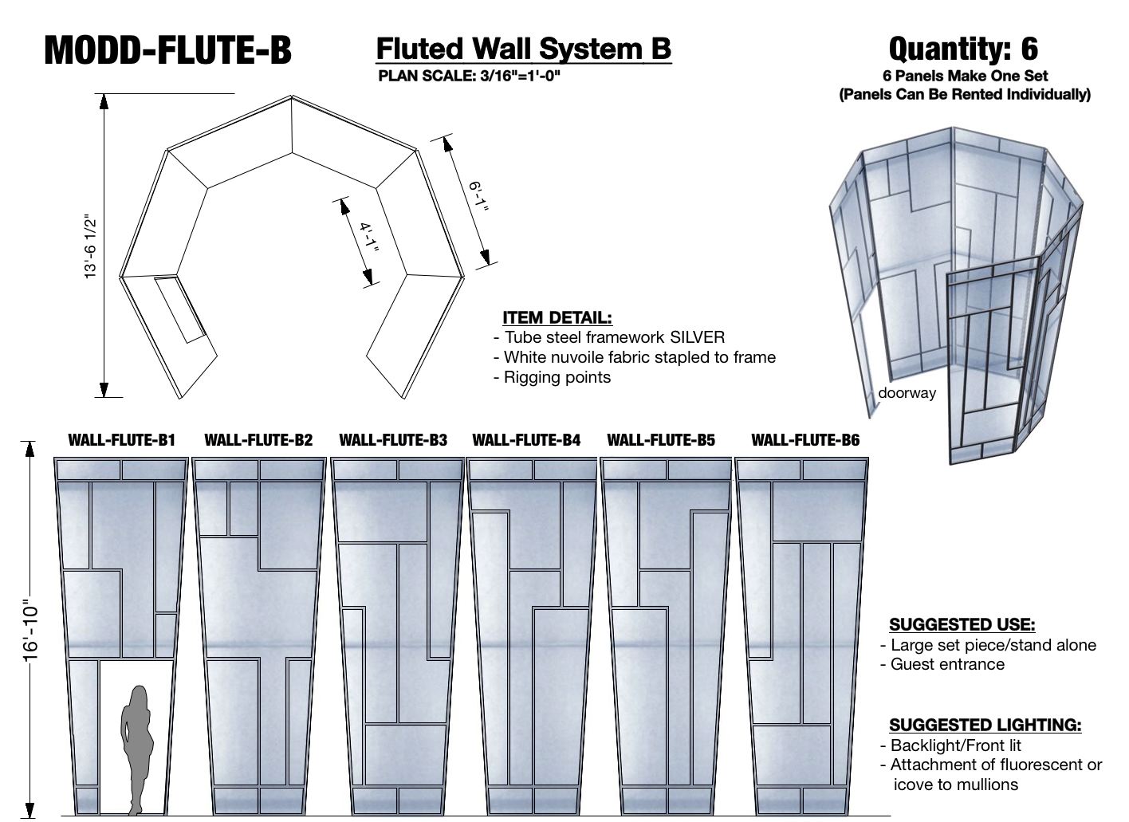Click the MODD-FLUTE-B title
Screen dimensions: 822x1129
pos(167,49)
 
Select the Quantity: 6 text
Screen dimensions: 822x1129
pos(963,49)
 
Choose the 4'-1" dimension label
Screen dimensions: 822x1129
pos(368,237)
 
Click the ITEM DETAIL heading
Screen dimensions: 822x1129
pos(557,317)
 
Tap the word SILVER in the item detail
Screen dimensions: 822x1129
pos(697,337)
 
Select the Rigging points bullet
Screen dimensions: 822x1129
pos(557,377)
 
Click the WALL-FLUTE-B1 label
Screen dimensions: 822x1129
pos(121,440)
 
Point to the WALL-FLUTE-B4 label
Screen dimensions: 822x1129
pos(526,440)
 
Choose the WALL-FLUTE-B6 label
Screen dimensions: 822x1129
pos(805,440)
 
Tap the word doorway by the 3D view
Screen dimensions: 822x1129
pos(907,392)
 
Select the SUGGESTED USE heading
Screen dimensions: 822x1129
pos(962,624)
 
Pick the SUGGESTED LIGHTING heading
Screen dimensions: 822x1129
pos(985,725)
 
